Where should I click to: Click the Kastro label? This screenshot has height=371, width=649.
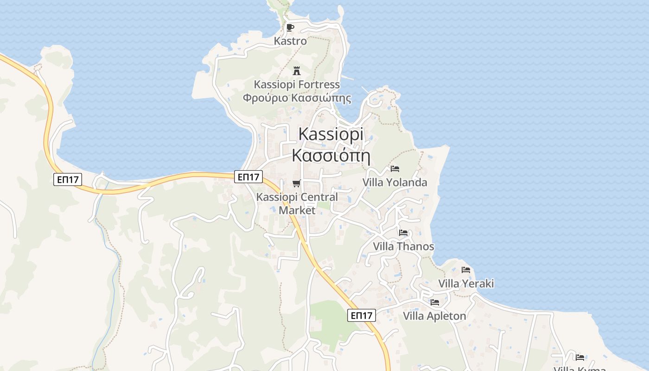click(x=290, y=41)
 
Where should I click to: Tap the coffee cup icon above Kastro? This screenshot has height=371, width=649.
click(x=290, y=27)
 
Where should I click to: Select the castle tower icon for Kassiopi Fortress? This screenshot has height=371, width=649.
click(x=297, y=71)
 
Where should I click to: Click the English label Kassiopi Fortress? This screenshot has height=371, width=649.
click(x=297, y=84)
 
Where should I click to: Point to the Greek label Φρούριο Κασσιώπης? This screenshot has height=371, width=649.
click(x=297, y=98)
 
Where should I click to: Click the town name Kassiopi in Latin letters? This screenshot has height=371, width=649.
click(x=331, y=134)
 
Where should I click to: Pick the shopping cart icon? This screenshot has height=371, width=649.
click(x=297, y=183)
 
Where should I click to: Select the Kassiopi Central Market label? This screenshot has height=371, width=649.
click(x=297, y=203)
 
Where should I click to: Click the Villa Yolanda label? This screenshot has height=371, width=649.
click(x=394, y=182)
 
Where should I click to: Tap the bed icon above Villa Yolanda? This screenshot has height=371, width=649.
click(x=395, y=169)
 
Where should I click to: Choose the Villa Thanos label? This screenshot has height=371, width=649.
click(x=404, y=246)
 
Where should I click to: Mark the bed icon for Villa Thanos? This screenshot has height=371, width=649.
click(x=403, y=233)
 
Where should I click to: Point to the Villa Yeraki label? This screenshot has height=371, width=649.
click(x=466, y=283)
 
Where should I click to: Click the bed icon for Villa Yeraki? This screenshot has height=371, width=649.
click(x=466, y=270)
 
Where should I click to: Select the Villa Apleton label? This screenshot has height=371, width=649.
click(x=434, y=316)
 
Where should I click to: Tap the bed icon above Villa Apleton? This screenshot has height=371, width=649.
click(x=435, y=302)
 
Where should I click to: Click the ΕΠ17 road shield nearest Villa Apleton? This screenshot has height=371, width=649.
click(x=362, y=316)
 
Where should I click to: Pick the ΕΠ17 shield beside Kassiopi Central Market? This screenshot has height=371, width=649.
click(x=249, y=177)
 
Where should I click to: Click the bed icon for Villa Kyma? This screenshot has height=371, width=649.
click(x=580, y=357)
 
